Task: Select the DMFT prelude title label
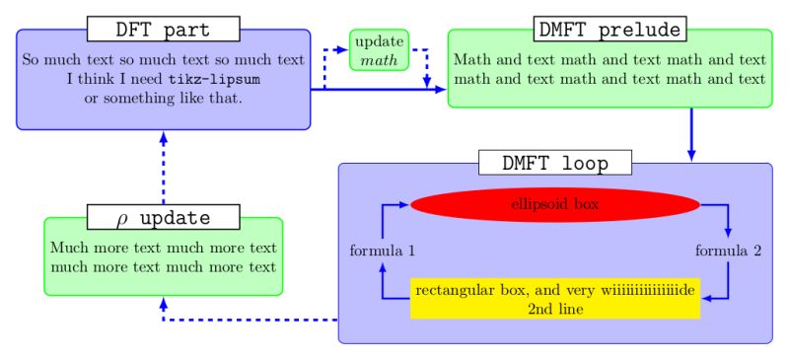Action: [x=610, y=29]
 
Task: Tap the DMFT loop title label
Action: [x=554, y=163]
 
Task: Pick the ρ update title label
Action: [x=164, y=216]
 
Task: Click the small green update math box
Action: [x=379, y=50]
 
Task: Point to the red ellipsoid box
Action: [x=554, y=205]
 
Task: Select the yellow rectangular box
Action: [x=554, y=299]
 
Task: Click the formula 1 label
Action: [x=382, y=251]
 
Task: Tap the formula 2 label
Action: [x=728, y=251]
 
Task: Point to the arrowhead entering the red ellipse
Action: [x=402, y=205]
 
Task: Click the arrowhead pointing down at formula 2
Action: [x=728, y=233]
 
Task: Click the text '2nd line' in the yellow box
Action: [x=554, y=309]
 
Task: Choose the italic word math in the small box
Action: [x=379, y=60]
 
